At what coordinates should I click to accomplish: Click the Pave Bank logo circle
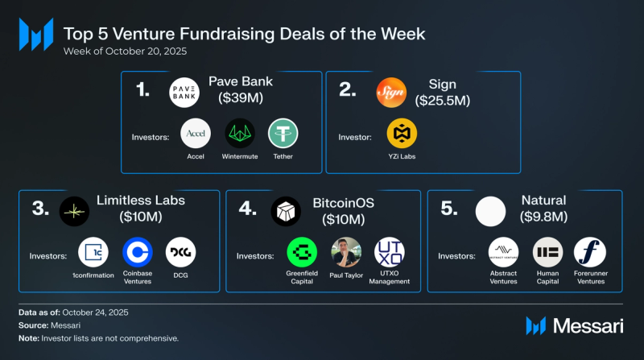click(184, 93)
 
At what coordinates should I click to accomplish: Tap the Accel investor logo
click(195, 133)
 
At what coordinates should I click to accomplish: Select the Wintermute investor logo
click(239, 133)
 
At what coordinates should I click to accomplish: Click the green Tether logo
click(283, 133)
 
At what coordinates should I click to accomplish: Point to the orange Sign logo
click(391, 93)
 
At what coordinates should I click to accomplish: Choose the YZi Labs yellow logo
click(402, 134)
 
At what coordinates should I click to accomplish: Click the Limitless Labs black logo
click(75, 211)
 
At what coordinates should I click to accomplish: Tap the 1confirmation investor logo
click(93, 252)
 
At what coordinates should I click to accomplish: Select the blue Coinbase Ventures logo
click(137, 252)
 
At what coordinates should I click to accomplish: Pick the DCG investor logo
click(180, 252)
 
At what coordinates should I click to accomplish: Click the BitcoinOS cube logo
click(286, 211)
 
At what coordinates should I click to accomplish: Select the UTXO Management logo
click(390, 252)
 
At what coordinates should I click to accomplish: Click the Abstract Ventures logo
click(505, 252)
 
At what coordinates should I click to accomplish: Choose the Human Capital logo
click(547, 252)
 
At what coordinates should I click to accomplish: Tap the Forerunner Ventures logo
click(590, 252)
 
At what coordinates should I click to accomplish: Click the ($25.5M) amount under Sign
click(442, 101)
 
